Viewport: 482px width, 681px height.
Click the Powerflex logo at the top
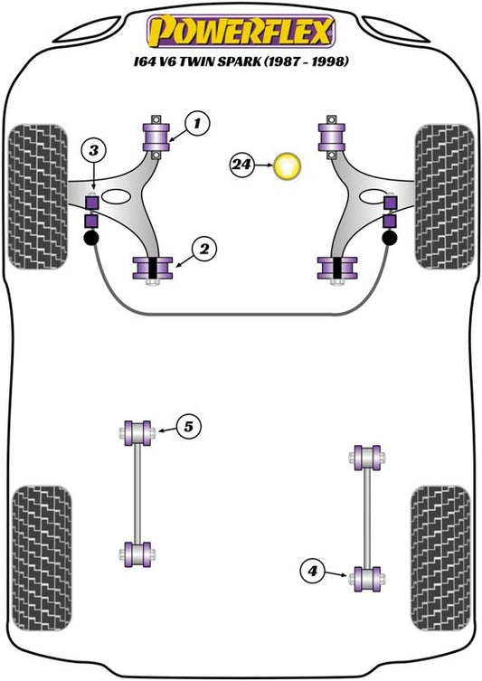pyautogui.click(x=241, y=32)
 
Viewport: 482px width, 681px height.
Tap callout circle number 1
pyautogui.click(x=197, y=123)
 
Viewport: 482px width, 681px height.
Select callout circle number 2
pyautogui.click(x=203, y=249)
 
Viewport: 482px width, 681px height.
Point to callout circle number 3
pyautogui.click(x=94, y=151)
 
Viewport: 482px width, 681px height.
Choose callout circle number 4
pyautogui.click(x=313, y=571)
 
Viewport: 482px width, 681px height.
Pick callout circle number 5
pyautogui.click(x=188, y=427)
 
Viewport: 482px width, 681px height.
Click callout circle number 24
pyautogui.click(x=241, y=165)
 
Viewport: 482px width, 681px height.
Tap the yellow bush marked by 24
pyautogui.click(x=287, y=166)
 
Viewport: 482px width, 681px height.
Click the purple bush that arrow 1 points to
pyautogui.click(x=156, y=137)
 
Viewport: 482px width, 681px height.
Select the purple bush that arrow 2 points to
pyautogui.click(x=153, y=269)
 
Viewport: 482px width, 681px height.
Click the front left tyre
pyautogui.click(x=38, y=196)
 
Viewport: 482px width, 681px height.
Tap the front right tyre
pyautogui.click(x=444, y=196)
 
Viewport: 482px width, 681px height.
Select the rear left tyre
pyautogui.click(x=42, y=558)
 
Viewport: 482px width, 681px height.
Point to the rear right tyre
pyautogui.click(x=440, y=558)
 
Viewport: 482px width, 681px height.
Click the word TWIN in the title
pyautogui.click(x=197, y=61)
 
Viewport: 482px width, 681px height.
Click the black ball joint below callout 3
pyautogui.click(x=90, y=238)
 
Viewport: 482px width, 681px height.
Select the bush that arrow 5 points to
pyautogui.click(x=137, y=433)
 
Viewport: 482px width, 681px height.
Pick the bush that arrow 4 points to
pyautogui.click(x=367, y=579)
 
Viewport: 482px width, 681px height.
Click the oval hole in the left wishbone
pyautogui.click(x=118, y=197)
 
